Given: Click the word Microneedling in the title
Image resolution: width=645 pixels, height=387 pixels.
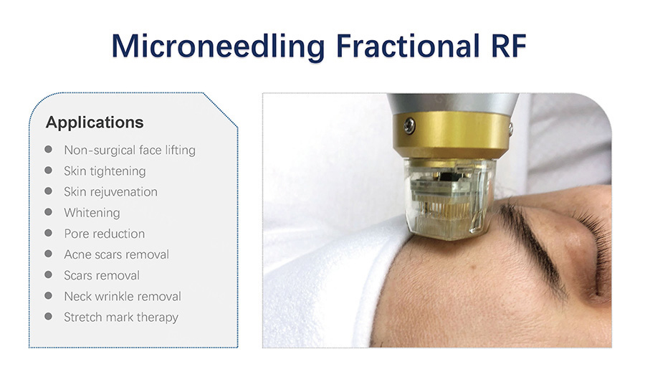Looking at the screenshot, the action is pos(219,47).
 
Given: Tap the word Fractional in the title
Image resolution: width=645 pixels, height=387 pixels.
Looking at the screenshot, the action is pos(408,45).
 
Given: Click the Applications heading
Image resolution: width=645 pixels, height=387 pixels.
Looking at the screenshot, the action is pos(95,123).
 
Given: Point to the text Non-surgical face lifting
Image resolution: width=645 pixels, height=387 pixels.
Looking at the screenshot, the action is pos(130,150).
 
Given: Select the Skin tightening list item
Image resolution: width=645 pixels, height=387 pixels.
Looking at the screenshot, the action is pos(105,171).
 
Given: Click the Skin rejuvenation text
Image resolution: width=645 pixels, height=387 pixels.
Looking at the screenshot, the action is pos(110,192).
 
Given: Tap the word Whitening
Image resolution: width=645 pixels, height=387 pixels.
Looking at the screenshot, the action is pos(92,213).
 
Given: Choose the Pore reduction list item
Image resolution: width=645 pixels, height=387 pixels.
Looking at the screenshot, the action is pos(105,234).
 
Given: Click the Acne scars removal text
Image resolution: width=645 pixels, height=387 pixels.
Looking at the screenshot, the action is pos(116,254).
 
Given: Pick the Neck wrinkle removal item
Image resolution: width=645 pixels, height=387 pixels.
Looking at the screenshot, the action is pos(123,297).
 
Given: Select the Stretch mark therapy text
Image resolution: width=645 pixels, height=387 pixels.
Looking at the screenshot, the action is pos(121,317).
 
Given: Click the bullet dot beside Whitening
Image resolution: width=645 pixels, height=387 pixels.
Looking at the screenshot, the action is pos(49,212).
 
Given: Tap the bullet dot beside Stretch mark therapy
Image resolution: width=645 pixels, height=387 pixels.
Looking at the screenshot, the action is pos(49,316).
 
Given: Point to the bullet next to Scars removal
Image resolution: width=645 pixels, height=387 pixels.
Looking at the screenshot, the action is pos(49,274).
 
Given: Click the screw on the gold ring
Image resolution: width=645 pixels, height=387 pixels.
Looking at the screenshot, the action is pos(409,125).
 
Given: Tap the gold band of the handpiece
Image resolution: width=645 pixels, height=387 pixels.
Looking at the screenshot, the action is pos(452,135).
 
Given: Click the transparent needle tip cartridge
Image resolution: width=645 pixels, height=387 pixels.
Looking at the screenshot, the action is pos(449,197).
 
